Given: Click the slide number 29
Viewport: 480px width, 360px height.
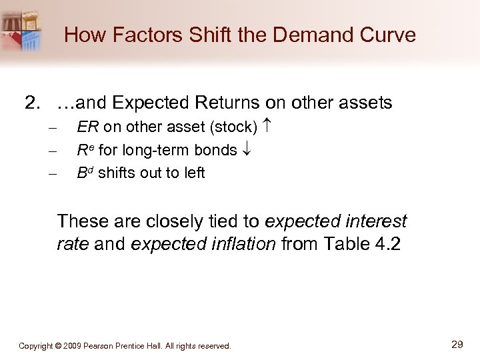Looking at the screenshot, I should pyautogui.click(x=457, y=344).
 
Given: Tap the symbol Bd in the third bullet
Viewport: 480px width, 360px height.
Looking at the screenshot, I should pyautogui.click(x=85, y=173).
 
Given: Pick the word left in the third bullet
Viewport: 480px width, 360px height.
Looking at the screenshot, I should pyautogui.click(x=193, y=173).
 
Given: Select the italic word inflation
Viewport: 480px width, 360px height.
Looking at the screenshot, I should pyautogui.click(x=238, y=244).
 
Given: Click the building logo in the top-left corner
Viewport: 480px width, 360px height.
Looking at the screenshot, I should pyautogui.click(x=21, y=30).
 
